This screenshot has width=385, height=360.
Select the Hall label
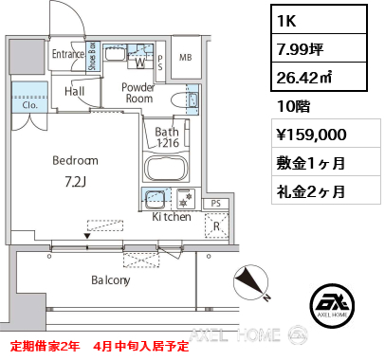(76, 92)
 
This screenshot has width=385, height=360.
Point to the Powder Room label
(138, 93)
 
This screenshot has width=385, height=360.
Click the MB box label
(186, 56)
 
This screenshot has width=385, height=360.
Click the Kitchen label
(171, 218)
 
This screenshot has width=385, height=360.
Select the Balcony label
(111, 280)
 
